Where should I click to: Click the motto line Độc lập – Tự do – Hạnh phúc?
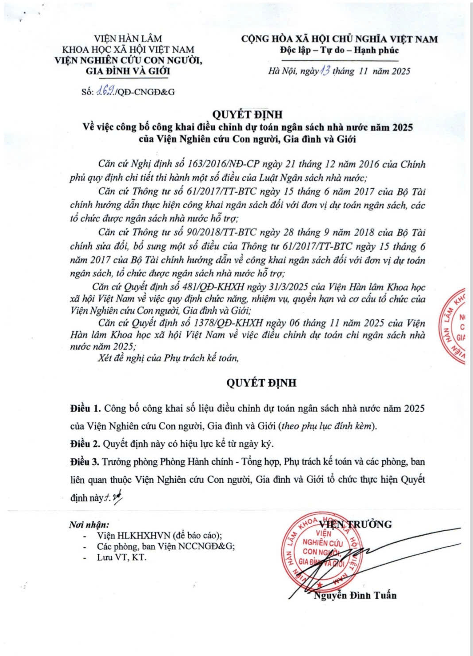click(339, 50)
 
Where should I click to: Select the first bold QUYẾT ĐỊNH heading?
click(247, 115)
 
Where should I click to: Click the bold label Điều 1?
click(85, 408)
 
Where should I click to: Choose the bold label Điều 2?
click(85, 443)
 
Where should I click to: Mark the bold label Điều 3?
click(85, 462)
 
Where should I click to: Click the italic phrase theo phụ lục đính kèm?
click(327, 426)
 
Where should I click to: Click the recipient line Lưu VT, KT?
click(121, 557)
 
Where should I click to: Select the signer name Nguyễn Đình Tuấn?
click(355, 595)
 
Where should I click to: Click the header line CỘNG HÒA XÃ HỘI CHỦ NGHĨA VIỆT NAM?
click(339, 39)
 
